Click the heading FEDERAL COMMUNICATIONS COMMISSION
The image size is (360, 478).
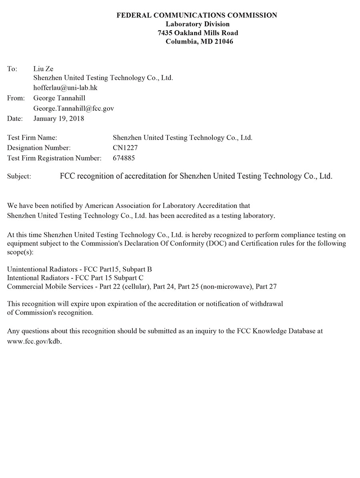coord(196,15)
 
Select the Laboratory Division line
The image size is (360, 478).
coord(197,24)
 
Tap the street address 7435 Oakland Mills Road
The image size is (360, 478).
coord(198,33)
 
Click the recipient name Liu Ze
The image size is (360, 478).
coord(43,69)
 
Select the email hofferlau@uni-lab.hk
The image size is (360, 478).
coord(65,87)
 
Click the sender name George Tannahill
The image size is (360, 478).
coord(59,98)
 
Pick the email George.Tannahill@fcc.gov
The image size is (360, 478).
coord(74,108)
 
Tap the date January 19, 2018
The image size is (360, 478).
coord(59,118)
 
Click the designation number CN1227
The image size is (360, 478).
coord(125,148)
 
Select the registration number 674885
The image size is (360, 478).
coord(124,158)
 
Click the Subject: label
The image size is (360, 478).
coord(19,176)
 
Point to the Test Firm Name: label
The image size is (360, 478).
coord(32,138)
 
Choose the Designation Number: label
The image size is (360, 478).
coord(39,148)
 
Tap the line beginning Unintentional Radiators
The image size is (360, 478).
coord(79,269)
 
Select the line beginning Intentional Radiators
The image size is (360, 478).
coord(75,278)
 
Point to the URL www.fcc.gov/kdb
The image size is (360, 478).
coord(34,342)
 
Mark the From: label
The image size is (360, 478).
coord(16,98)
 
